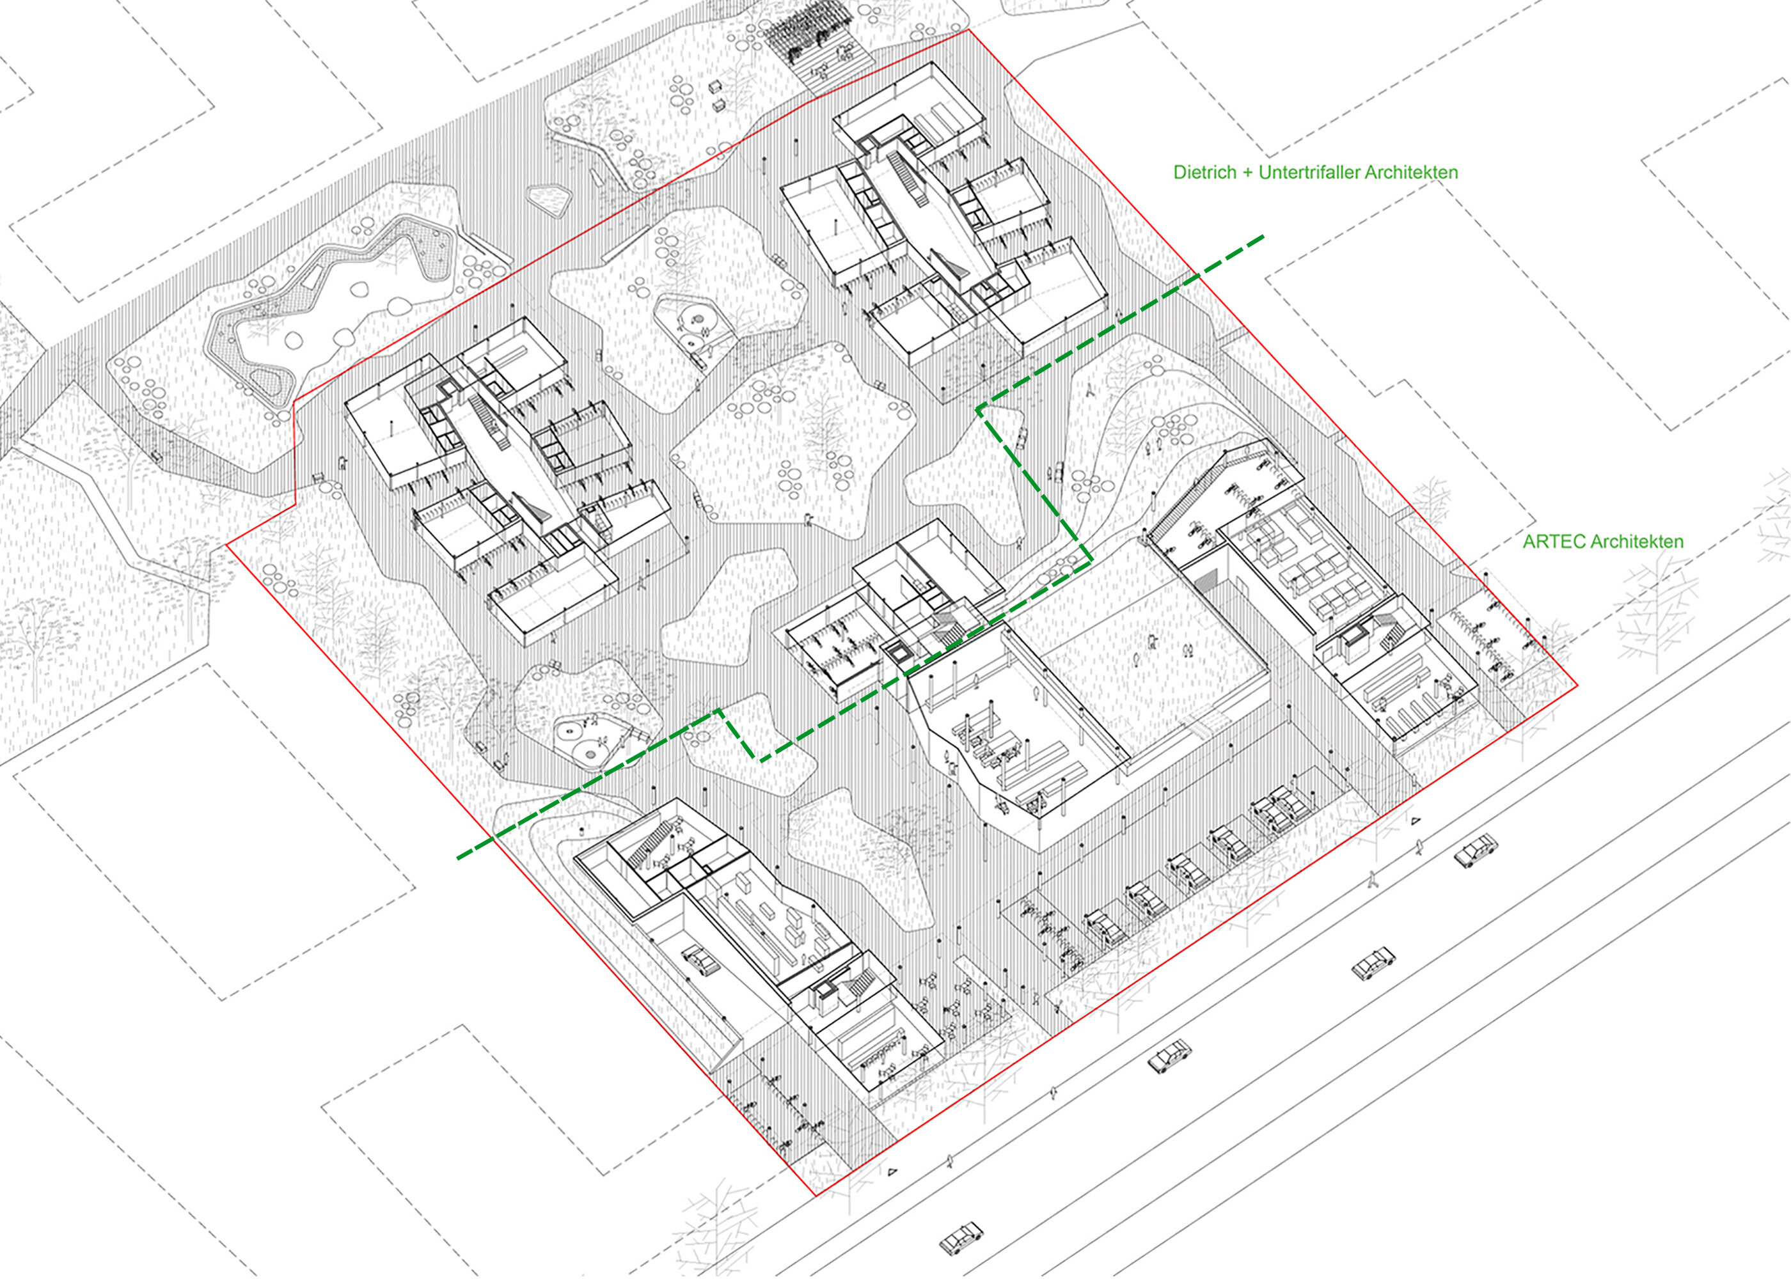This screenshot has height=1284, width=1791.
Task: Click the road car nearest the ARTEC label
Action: point(1475,851)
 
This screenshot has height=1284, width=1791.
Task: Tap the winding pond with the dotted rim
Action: point(330,304)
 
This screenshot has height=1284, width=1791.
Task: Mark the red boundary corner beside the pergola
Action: point(968,30)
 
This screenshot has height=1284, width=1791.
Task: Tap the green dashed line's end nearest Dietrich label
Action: point(1263,236)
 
